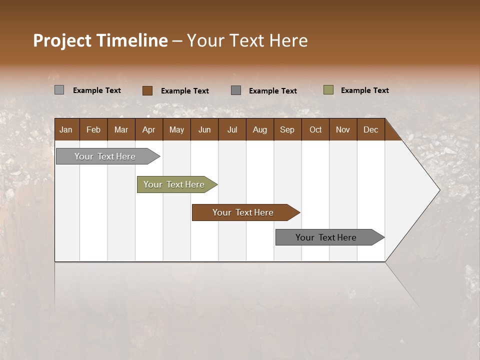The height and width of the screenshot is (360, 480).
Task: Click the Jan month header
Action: pyautogui.click(x=66, y=129)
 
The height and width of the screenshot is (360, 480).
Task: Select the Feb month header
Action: pyautogui.click(x=93, y=129)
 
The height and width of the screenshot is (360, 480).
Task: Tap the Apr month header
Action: pyautogui.click(x=148, y=129)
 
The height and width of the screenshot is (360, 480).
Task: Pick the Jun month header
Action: pyautogui.click(x=204, y=129)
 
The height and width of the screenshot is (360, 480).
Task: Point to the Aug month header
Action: pyautogui.click(x=259, y=129)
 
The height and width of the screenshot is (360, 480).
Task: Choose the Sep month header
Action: pyautogui.click(x=287, y=129)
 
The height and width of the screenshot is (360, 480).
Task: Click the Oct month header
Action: pyautogui.click(x=315, y=129)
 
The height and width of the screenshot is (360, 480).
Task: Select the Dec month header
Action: pyautogui.click(x=370, y=129)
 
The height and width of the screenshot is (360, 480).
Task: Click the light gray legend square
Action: pyautogui.click(x=59, y=90)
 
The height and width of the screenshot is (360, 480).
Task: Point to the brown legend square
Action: pyautogui.click(x=147, y=90)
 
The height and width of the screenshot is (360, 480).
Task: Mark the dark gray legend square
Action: pyautogui.click(x=236, y=90)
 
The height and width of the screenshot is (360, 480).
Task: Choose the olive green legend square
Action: pyautogui.click(x=328, y=90)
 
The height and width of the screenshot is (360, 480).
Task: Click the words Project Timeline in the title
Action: pyautogui.click(x=100, y=40)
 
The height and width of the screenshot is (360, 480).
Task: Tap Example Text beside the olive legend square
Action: pyautogui.click(x=364, y=90)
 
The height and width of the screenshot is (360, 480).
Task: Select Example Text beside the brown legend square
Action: pyautogui.click(x=184, y=91)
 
